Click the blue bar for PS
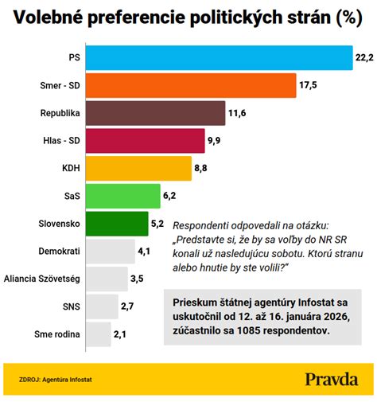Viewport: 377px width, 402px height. (x=219, y=58)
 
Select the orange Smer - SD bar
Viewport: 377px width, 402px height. (x=190, y=86)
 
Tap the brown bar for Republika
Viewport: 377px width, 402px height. (x=155, y=113)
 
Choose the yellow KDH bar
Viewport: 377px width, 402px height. (x=138, y=168)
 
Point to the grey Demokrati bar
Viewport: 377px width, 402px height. (x=110, y=251)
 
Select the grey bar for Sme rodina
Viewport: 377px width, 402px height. (x=98, y=334)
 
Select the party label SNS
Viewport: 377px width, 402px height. (x=69, y=306)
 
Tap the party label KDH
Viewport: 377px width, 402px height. (x=69, y=169)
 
